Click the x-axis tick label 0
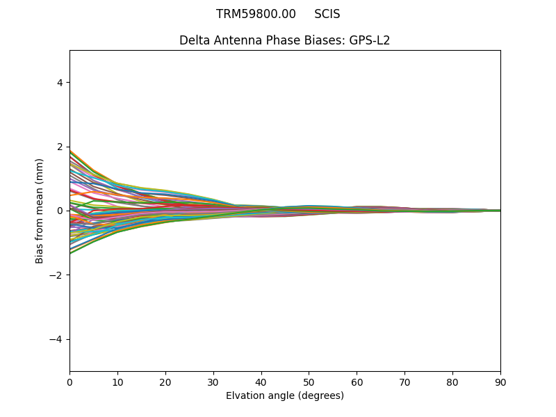click(69, 382)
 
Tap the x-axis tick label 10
click(117, 382)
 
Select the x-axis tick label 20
click(165, 382)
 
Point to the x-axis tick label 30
click(213, 382)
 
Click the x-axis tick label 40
click(261, 382)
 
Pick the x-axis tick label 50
click(309, 382)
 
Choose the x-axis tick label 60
click(357, 382)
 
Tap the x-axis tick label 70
click(404, 382)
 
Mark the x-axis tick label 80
click(452, 382)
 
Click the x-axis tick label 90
click(500, 382)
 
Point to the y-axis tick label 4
click(60, 83)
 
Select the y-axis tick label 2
click(60, 147)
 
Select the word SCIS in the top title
click(327, 15)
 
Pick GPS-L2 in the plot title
click(369, 40)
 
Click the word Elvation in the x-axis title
click(245, 396)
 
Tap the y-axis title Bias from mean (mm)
click(40, 211)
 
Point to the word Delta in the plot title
click(195, 40)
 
